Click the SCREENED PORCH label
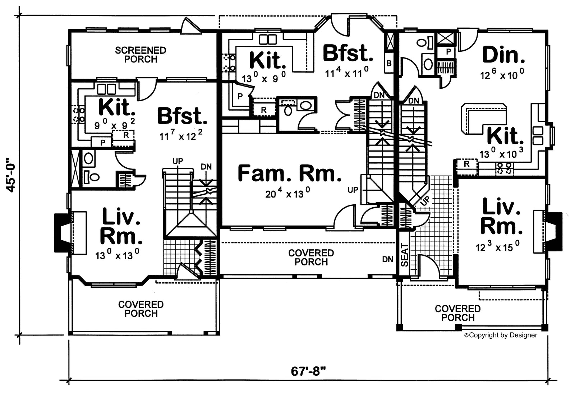click(x=141, y=55)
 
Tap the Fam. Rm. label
click(x=289, y=173)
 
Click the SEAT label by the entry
click(x=405, y=255)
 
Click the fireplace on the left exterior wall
click(x=61, y=233)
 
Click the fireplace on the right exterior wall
click(x=554, y=232)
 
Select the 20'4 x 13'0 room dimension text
click(x=287, y=194)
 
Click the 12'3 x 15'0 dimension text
click(x=497, y=247)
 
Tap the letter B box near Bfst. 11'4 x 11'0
click(x=389, y=64)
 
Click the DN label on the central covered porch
click(x=387, y=259)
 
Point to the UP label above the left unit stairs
click(x=178, y=161)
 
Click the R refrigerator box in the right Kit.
click(x=466, y=164)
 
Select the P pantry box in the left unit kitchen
click(x=103, y=142)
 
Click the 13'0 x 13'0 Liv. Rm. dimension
click(x=117, y=255)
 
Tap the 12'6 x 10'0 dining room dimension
click(x=502, y=75)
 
